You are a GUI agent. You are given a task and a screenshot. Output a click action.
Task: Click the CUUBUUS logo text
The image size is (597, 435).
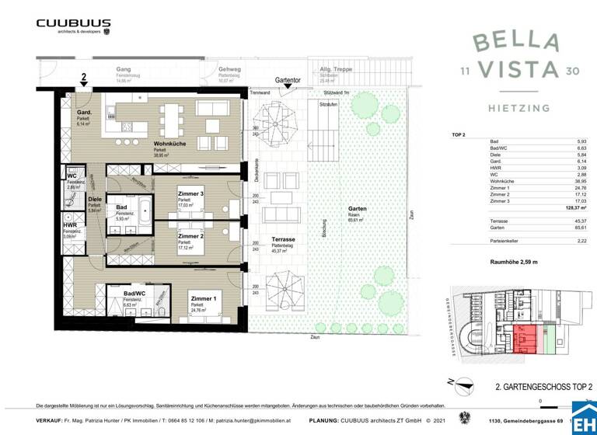point(73,23)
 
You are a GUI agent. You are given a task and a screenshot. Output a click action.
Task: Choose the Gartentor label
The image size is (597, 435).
point(288,80)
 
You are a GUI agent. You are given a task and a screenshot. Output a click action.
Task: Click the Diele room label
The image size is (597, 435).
point(95,200)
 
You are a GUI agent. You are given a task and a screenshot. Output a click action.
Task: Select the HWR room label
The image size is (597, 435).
point(69,225)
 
